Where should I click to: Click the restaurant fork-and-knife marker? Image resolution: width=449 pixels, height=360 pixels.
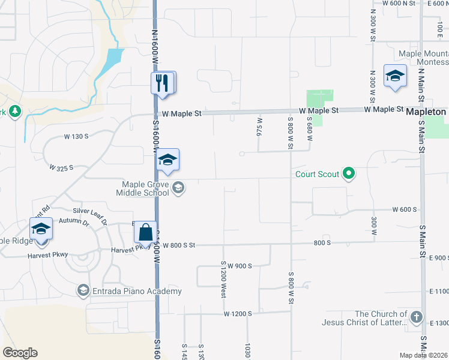[162, 83]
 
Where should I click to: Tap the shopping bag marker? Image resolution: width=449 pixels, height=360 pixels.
[145, 231]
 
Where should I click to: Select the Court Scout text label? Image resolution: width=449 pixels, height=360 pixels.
[317, 175]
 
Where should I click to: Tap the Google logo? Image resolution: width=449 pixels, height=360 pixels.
[20, 353]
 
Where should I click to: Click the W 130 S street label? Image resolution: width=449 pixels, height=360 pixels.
[76, 136]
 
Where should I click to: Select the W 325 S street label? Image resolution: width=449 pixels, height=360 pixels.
[61, 167]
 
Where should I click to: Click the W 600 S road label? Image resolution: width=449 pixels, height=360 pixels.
[405, 209]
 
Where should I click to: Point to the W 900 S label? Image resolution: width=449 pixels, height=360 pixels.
[239, 266]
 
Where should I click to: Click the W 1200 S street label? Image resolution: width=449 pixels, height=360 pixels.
[238, 314]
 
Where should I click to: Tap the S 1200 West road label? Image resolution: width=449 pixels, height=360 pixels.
[223, 280]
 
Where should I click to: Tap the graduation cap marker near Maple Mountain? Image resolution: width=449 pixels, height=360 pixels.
[396, 76]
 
